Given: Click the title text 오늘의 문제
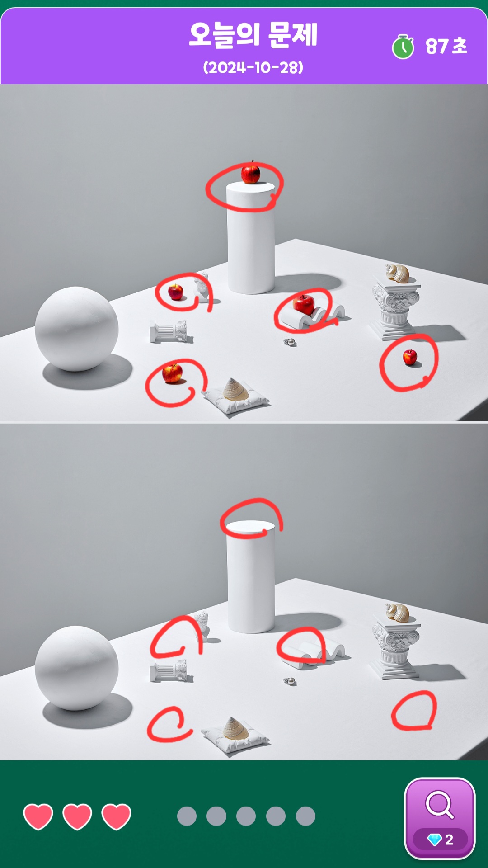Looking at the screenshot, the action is (x=253, y=35).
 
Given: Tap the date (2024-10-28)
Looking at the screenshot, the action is (x=253, y=68).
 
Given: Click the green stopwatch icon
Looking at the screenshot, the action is (x=403, y=47).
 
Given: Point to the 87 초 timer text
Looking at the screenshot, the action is (x=446, y=46).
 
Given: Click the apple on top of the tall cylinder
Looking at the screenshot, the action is (x=250, y=173).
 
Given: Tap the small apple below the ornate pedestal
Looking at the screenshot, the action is (x=410, y=357).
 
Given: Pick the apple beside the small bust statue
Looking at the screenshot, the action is (x=175, y=292).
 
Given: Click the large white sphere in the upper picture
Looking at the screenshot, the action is (x=76, y=329).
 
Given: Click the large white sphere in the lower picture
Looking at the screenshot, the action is (x=76, y=668).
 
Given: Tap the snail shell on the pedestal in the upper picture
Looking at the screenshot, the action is (x=397, y=273).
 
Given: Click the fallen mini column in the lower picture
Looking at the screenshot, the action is (x=168, y=670).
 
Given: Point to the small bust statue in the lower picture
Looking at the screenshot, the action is (x=202, y=626).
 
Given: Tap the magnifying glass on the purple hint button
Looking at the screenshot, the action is (x=440, y=804).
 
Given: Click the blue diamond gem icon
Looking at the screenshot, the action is (x=434, y=840).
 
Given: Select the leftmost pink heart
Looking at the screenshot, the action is (x=38, y=816).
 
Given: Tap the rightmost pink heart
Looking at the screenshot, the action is (x=117, y=816).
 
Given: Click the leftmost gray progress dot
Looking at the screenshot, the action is (x=187, y=816).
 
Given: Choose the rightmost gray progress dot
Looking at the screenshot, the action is (x=305, y=816).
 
